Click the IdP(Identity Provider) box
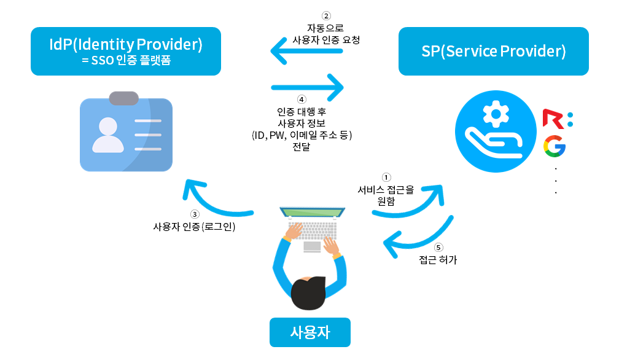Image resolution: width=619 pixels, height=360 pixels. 125,51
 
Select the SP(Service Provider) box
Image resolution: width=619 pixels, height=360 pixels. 493,51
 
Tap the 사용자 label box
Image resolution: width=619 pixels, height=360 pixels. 309,332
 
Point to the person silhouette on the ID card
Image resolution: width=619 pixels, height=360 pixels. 105,135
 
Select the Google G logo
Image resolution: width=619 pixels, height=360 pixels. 554,147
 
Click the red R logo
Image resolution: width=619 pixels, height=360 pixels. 554,119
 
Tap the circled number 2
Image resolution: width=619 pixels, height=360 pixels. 326,16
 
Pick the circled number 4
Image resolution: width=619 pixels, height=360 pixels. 301,99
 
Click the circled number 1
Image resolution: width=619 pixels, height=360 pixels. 386,178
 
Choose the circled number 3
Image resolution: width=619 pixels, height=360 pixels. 195,214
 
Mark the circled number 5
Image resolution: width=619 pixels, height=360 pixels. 438,248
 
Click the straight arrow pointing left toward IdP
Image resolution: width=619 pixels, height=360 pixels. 306,50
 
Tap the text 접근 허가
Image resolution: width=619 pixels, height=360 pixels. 438,260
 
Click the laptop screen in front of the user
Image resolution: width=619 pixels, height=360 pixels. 311,213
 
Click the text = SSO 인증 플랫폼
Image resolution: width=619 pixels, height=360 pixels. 125,60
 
